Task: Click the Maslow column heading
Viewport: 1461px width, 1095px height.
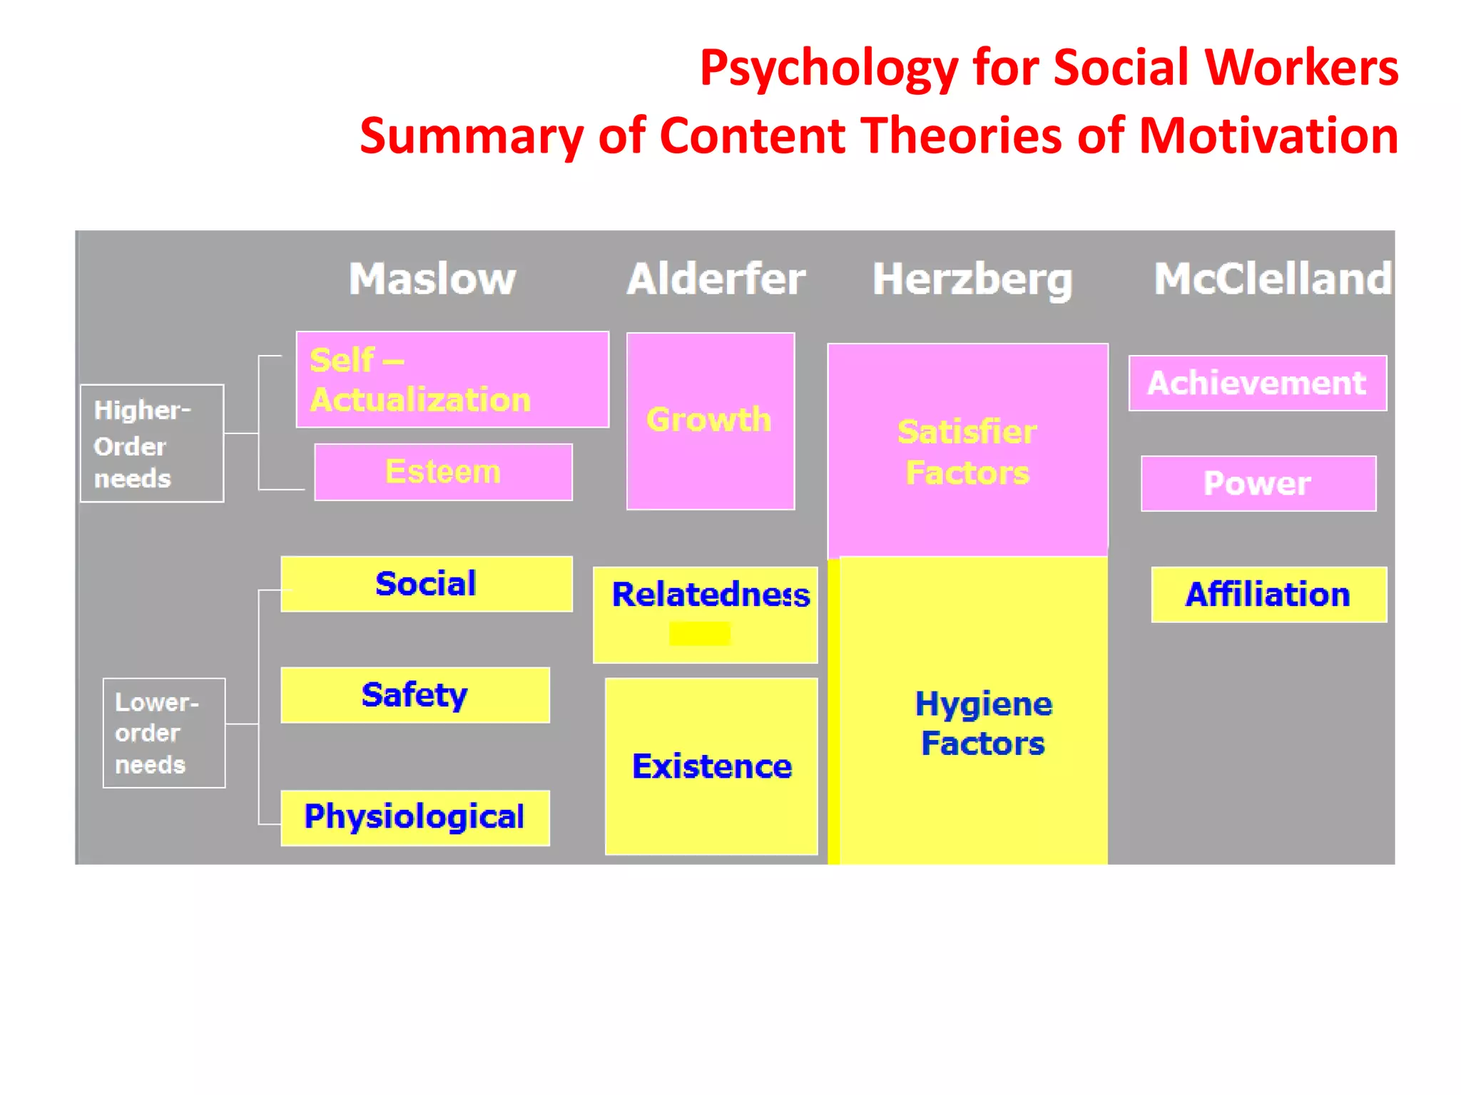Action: pyautogui.click(x=432, y=279)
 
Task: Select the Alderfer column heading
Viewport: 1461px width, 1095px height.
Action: pyautogui.click(x=716, y=279)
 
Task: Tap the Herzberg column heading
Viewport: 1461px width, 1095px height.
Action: pyautogui.click(x=972, y=279)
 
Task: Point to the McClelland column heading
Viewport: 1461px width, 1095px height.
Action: pyautogui.click(x=1273, y=279)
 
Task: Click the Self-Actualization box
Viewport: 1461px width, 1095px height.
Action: pyautogui.click(x=452, y=380)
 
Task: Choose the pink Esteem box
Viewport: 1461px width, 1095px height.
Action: pyautogui.click(x=443, y=472)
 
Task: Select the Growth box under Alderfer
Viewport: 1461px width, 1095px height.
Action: pyautogui.click(x=711, y=421)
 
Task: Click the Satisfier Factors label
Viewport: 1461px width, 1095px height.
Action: pyautogui.click(x=967, y=452)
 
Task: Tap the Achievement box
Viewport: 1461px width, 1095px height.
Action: pyautogui.click(x=1257, y=384)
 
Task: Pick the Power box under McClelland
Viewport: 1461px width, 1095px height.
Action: pyautogui.click(x=1258, y=483)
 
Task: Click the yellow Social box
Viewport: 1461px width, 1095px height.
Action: pyautogui.click(x=427, y=584)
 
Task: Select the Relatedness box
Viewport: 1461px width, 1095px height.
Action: pyautogui.click(x=706, y=614)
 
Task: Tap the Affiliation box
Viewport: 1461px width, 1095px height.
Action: pyautogui.click(x=1268, y=595)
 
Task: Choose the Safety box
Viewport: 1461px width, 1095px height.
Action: pyautogui.click(x=415, y=695)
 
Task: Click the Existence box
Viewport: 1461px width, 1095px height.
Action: pyautogui.click(x=711, y=766)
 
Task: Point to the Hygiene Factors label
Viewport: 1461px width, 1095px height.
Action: pyautogui.click(x=983, y=723)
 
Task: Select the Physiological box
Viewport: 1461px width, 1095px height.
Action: pyautogui.click(x=415, y=818)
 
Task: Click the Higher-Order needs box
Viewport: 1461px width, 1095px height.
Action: pyautogui.click(x=152, y=443)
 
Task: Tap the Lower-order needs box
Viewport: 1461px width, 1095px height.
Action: pyautogui.click(x=164, y=733)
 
